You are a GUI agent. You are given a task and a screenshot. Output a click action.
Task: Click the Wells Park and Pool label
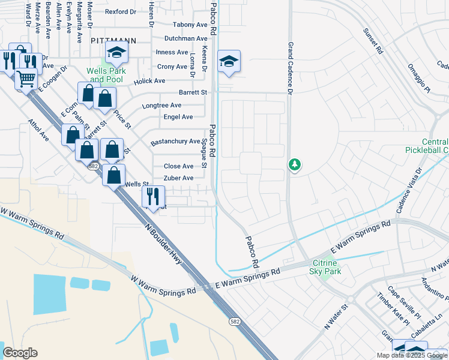(105, 75)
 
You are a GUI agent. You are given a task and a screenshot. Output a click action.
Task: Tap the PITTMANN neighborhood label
(113, 40)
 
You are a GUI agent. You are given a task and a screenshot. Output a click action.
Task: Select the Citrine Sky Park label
(325, 267)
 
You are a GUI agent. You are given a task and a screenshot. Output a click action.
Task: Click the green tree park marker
(294, 164)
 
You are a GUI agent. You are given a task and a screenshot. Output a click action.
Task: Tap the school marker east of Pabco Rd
(229, 62)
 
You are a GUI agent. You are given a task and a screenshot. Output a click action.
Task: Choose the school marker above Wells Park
(116, 53)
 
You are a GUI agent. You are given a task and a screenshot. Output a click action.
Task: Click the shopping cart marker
(26, 78)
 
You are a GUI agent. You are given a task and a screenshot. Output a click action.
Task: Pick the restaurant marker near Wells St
(153, 196)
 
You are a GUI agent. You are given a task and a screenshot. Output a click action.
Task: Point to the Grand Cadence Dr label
(289, 68)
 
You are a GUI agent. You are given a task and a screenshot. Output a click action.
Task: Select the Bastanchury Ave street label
(175, 142)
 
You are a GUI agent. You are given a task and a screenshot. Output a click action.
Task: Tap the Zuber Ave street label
(179, 178)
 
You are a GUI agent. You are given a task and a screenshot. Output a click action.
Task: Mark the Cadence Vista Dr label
(409, 199)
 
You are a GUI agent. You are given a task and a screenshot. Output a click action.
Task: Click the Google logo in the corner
(20, 353)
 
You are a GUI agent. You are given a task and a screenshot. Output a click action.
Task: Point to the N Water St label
(336, 316)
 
